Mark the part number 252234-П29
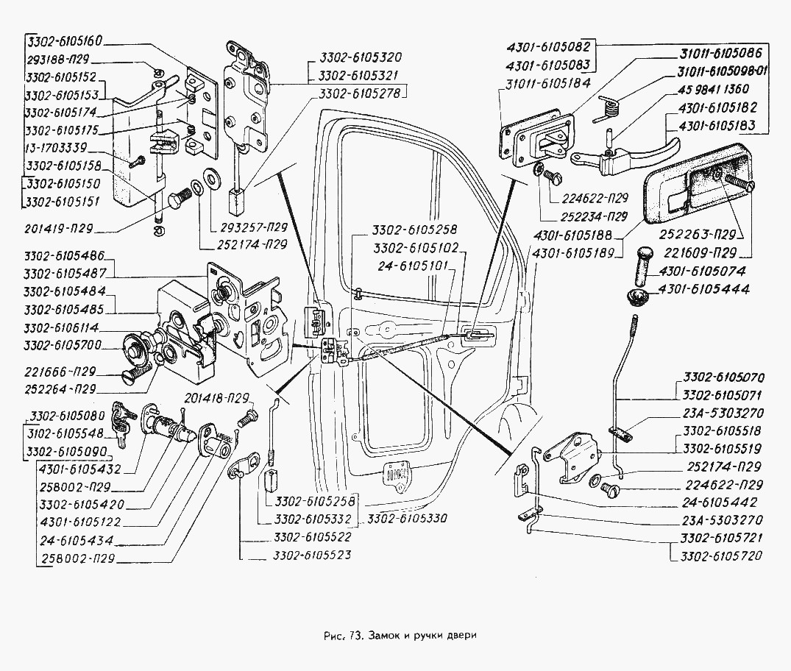click(584, 216)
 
